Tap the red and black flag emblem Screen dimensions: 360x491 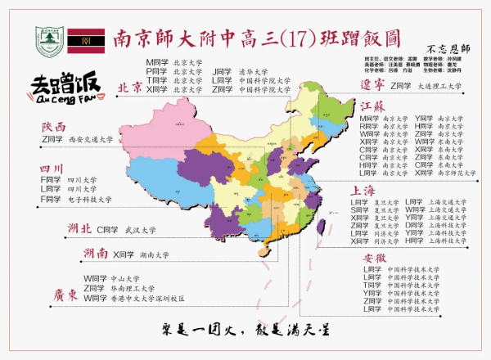tap(82, 38)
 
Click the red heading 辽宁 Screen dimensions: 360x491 tap(373, 85)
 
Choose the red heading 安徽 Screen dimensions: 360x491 tap(375, 259)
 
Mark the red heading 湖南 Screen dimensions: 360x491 tap(95, 254)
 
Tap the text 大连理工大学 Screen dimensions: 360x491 tap(442, 86)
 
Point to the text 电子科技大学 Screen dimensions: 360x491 tap(89, 200)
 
